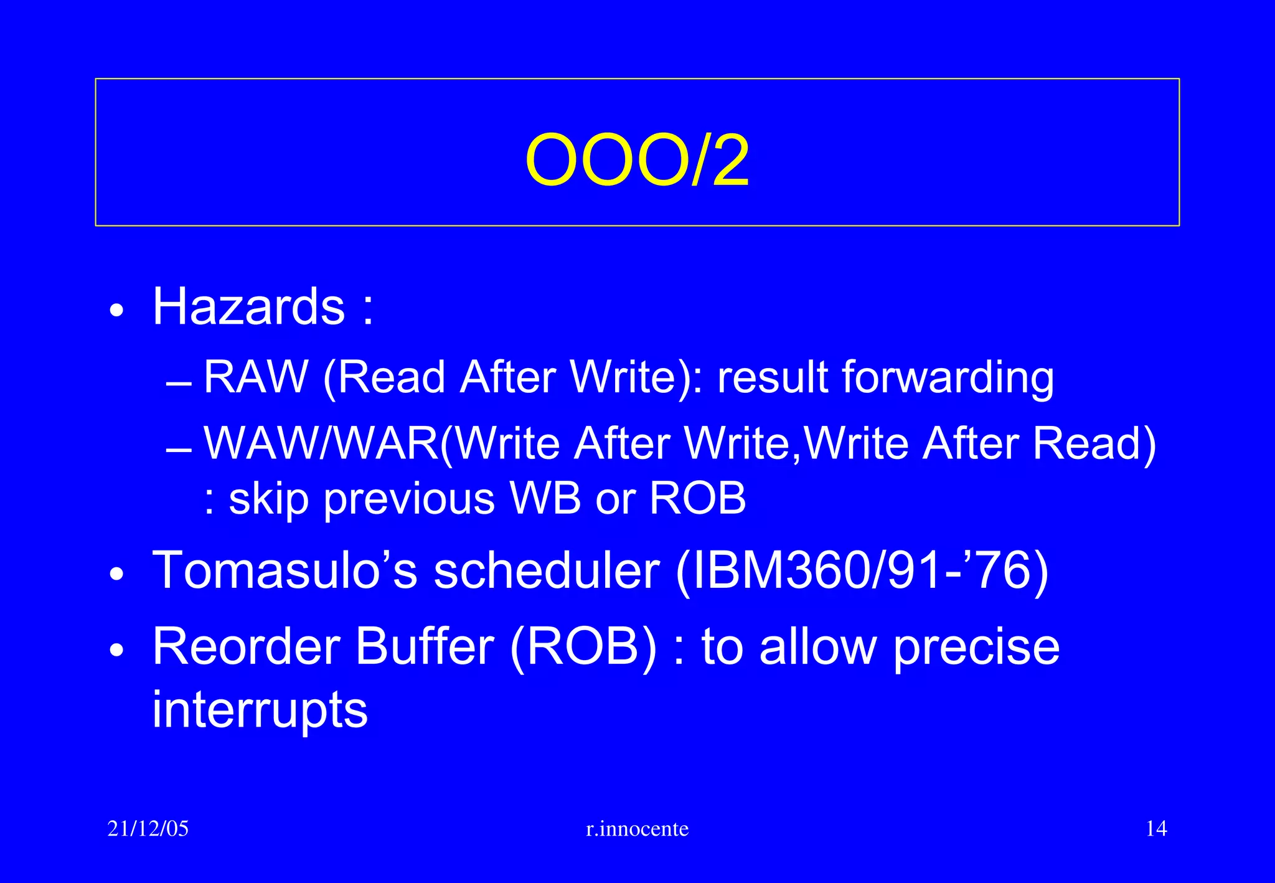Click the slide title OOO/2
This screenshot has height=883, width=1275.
coord(637,161)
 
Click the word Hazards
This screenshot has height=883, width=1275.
coord(248,306)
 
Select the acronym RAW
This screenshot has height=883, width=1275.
coord(256,377)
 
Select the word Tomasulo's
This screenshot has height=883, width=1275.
coord(285,570)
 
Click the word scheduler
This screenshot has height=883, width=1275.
coord(546,570)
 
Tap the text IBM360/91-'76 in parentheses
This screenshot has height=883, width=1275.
coord(862,572)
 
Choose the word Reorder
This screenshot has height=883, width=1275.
coord(246,646)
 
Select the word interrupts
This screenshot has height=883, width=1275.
coord(260,710)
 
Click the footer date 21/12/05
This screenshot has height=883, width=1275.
coord(148,829)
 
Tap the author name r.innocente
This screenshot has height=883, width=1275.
coord(637,829)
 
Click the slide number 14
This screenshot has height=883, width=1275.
coord(1156,829)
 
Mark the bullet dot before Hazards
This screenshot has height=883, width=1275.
coord(116,309)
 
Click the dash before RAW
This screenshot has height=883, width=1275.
coord(179,385)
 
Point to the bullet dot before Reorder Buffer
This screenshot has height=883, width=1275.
coord(116,649)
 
